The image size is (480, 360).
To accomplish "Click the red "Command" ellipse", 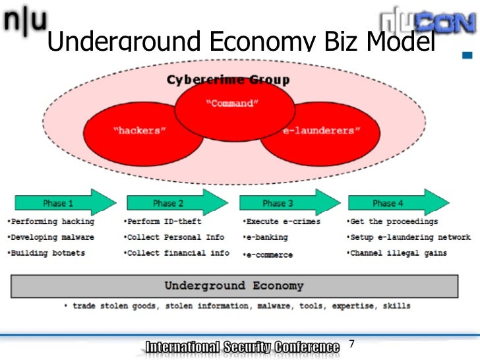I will (233, 105).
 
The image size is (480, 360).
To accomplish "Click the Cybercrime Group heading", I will (227, 80).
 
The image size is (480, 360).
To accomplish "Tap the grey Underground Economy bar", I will (234, 286).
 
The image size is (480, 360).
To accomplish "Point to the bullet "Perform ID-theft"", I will (163, 222).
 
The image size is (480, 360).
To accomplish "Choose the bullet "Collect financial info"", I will (177, 253).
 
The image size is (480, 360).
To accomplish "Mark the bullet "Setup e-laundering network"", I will (409, 237).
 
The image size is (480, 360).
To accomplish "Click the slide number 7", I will (351, 344).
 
